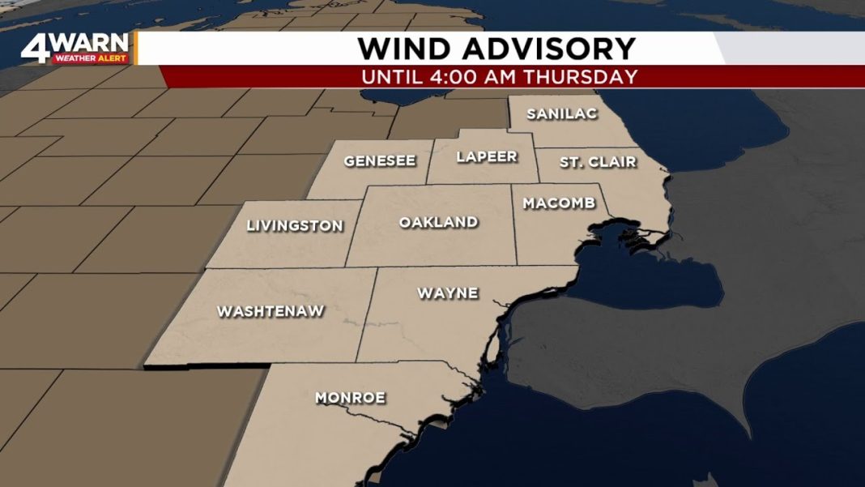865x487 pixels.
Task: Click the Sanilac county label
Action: coord(561,114)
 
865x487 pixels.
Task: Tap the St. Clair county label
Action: coord(598,163)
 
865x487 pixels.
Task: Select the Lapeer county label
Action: coord(486,157)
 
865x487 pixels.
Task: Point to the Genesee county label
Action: coord(379,161)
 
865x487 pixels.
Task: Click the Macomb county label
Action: coord(559,203)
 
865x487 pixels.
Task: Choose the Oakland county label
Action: coord(438,222)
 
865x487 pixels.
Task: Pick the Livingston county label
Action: coord(295,227)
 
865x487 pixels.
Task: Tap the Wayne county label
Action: coord(447,293)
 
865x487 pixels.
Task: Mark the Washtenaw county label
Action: coord(271,311)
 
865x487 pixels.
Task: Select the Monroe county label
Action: coord(350,398)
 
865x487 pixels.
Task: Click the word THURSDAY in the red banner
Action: coord(590,78)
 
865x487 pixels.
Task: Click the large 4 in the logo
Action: coord(36,49)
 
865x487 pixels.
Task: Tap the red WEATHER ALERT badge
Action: coord(91,59)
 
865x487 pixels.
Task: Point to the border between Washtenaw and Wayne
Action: coord(367,316)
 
